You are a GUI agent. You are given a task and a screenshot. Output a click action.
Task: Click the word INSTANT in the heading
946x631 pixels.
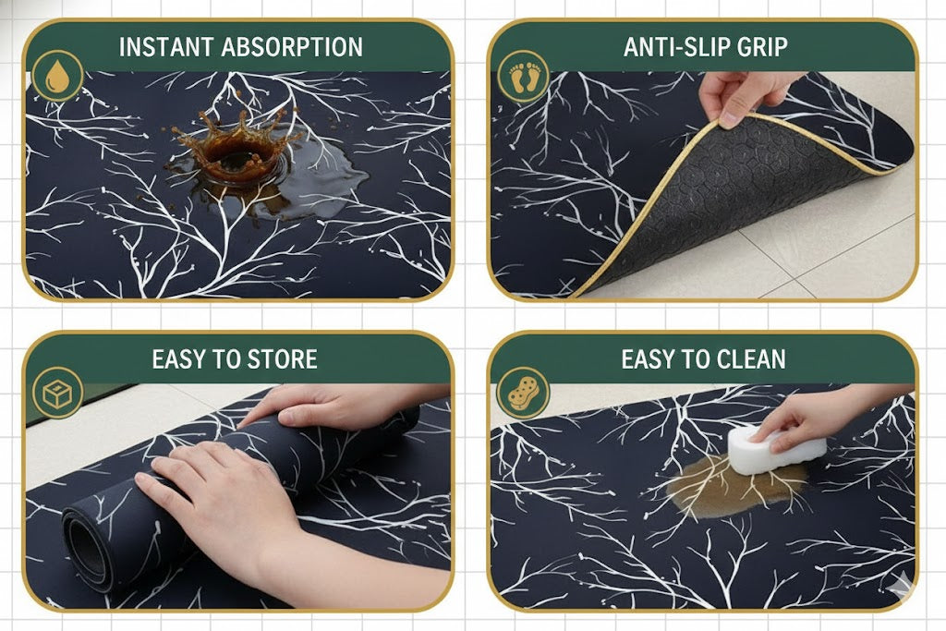click(166, 47)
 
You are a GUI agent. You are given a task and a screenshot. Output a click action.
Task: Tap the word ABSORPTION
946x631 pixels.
click(292, 47)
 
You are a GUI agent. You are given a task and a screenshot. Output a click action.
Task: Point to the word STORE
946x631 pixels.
click(283, 359)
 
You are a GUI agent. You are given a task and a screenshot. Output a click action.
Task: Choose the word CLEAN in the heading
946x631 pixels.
click(750, 359)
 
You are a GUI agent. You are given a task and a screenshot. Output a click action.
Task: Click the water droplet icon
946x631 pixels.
click(57, 77)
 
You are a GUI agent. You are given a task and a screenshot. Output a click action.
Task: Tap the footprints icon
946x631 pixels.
click(523, 77)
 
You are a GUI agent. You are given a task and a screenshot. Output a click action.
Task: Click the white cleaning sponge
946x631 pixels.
click(775, 449)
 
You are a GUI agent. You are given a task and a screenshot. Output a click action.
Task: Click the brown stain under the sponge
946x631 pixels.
click(736, 486)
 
